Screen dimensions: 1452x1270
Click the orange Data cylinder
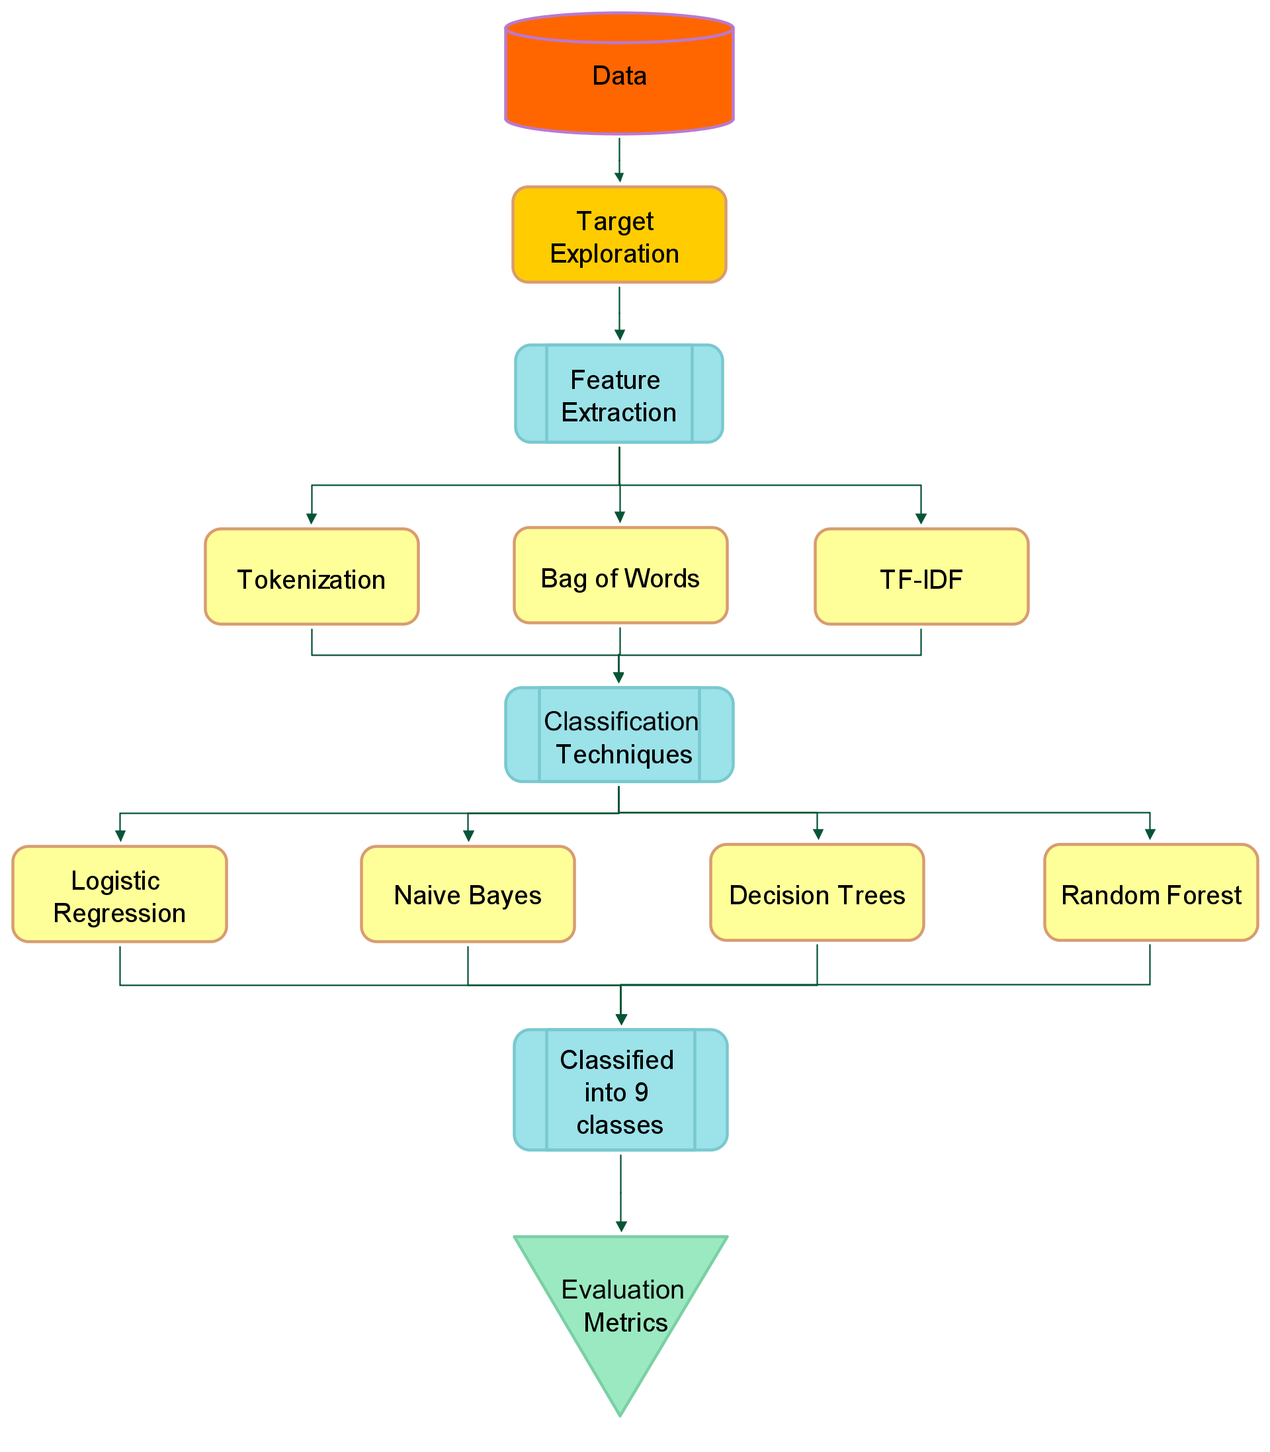click(618, 74)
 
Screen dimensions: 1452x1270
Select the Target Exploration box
click(618, 235)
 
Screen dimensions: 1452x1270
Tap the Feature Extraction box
click(618, 394)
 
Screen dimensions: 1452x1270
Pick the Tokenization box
click(312, 576)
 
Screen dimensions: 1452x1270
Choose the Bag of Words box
click(620, 575)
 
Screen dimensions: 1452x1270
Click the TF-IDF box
click(921, 576)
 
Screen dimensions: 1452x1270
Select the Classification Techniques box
click(618, 735)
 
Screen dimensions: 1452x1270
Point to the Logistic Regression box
click(120, 894)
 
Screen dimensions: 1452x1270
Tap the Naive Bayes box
click(468, 894)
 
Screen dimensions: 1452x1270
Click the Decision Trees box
click(817, 892)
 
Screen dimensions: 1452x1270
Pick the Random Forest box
click(1150, 892)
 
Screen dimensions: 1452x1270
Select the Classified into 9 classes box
click(620, 1090)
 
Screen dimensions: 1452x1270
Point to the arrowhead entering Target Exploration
click(619, 178)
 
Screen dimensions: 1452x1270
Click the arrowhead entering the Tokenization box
click(312, 519)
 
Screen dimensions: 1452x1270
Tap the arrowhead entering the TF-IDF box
click(921, 519)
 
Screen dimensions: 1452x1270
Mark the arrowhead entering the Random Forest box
click(1150, 835)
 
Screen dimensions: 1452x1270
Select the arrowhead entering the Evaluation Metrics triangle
click(621, 1227)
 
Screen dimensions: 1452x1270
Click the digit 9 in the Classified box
click(641, 1092)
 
